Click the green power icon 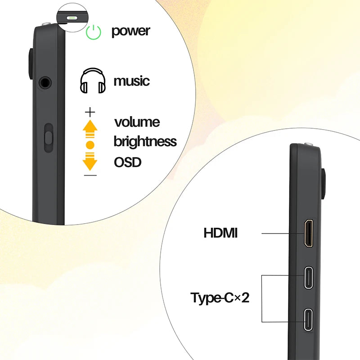click(93, 32)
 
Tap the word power click(130, 31)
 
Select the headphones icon click(93, 81)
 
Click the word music click(131, 81)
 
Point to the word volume click(137, 122)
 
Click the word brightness click(145, 141)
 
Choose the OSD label click(127, 162)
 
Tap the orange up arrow click(90, 129)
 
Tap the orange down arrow click(90, 161)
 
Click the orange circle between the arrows click(90, 145)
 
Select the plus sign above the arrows click(90, 112)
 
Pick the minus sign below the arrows click(90, 175)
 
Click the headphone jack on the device click(45, 83)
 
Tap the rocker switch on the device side click(49, 138)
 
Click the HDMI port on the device click(309, 233)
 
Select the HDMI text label click(220, 233)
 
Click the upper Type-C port click(309, 277)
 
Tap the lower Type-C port click(309, 319)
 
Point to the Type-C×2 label click(220, 298)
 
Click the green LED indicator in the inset click(72, 18)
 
